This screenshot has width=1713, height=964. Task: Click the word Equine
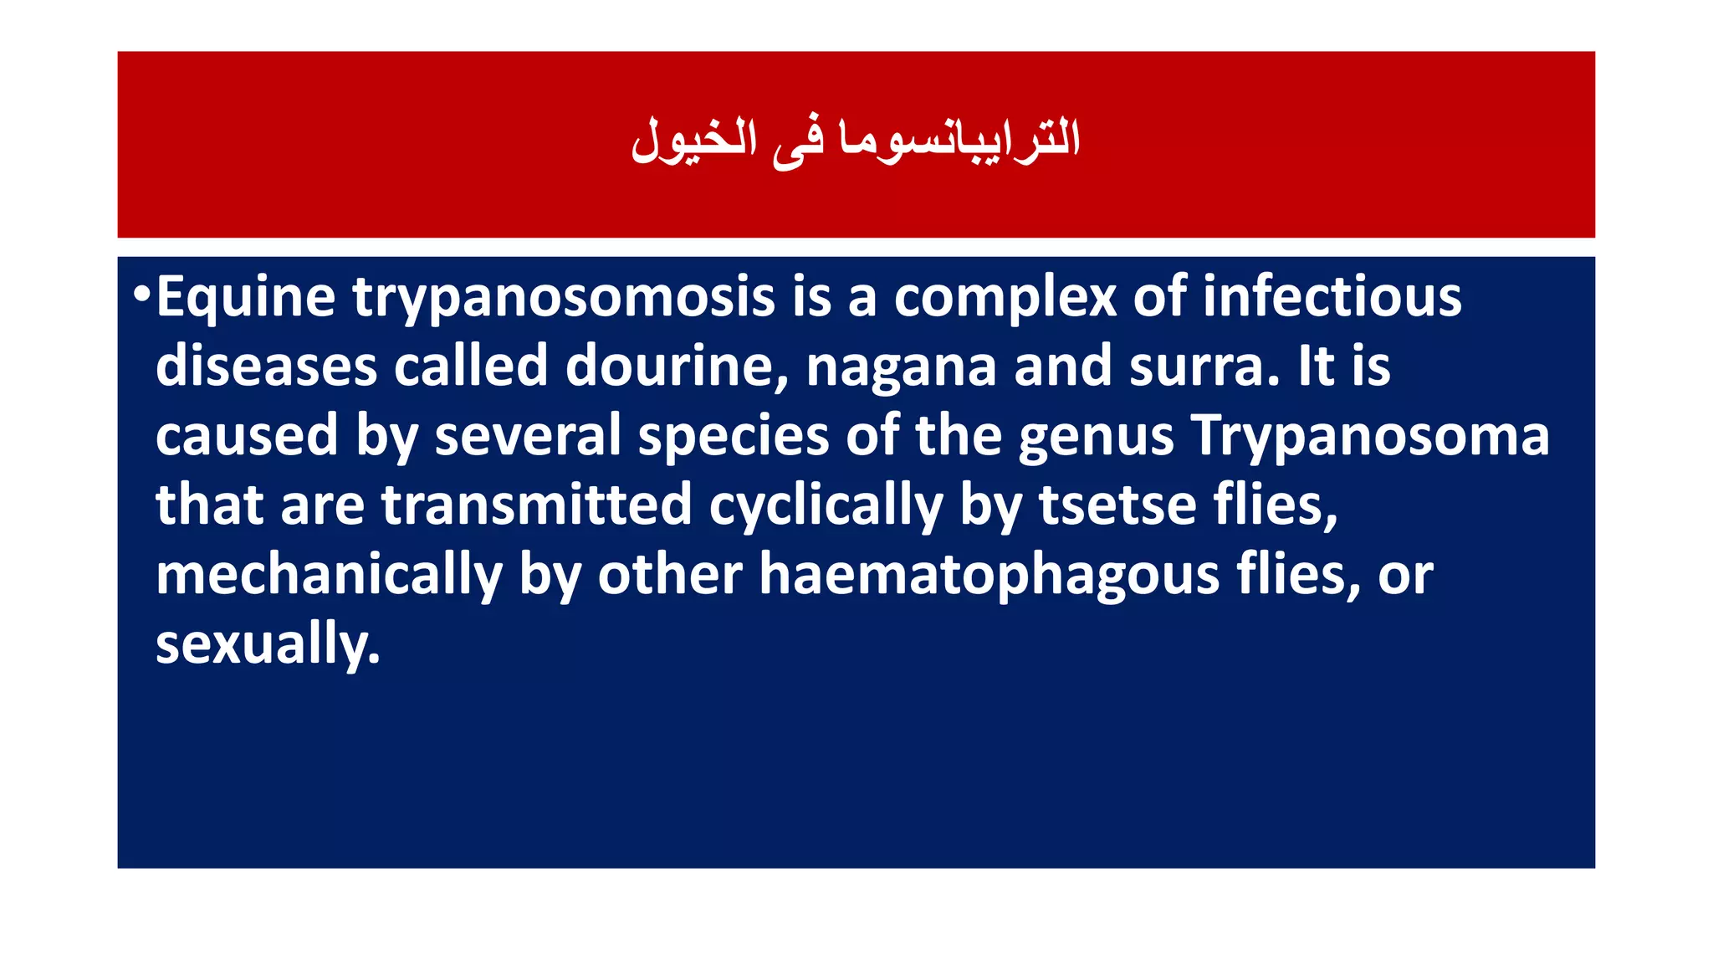point(245,298)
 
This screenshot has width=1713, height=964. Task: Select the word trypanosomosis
point(563,298)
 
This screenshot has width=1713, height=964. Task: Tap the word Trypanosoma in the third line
point(1370,437)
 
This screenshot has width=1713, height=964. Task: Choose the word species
point(733,437)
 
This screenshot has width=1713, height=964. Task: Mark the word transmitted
point(536,505)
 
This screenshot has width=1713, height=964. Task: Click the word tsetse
point(1117,505)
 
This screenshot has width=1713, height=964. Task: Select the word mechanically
point(329,576)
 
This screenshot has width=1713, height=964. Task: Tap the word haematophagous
point(989,576)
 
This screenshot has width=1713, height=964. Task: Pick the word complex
point(1005,298)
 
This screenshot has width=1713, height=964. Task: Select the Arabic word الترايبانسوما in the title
point(959,139)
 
